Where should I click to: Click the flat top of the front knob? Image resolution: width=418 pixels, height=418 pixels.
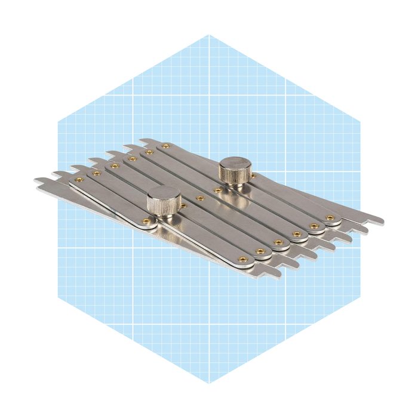coord(164,193)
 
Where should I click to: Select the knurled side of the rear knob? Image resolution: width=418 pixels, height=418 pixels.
coord(235,176)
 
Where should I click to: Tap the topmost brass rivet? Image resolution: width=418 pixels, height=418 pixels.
coord(166,145)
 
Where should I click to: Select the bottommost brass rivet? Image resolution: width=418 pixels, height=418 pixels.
coord(242,259)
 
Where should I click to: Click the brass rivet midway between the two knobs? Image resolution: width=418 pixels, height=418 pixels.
coord(201,196)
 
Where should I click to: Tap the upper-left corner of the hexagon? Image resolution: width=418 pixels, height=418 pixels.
coord(58,122)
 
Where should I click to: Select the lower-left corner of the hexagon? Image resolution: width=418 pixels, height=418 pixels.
coord(58,296)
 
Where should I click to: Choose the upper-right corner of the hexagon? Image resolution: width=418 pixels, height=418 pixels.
coord(360,122)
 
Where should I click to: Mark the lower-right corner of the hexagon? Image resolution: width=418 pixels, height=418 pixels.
coord(360,296)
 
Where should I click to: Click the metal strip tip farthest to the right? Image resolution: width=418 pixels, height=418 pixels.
coord(382,222)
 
